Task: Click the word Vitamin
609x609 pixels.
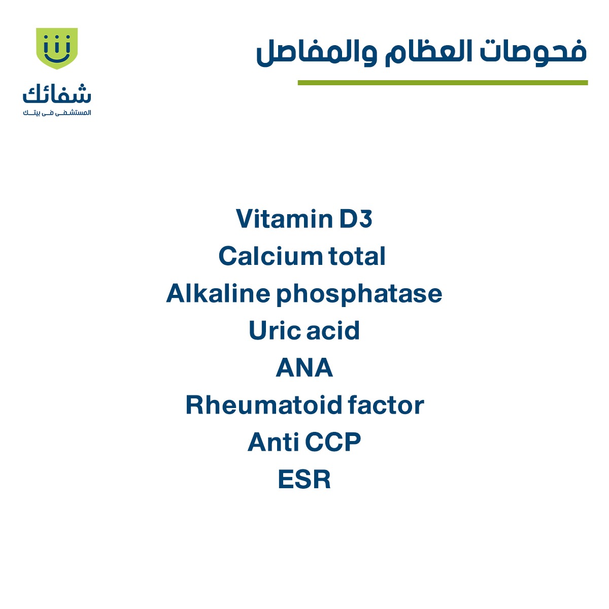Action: pos(283,219)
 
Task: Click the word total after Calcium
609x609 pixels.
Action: pos(357,256)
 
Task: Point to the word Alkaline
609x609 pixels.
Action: pos(218,293)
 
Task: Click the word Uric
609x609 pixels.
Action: pos(274,330)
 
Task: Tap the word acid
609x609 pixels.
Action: pos(333,330)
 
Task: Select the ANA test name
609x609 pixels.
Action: pos(304,368)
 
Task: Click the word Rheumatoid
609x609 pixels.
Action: pos(263,405)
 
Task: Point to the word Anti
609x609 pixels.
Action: pos(273,442)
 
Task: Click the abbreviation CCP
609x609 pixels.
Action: pos(333,442)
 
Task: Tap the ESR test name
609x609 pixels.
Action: pos(304,480)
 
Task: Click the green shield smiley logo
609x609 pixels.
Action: pos(57,48)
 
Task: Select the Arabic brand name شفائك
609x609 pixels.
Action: pos(57,94)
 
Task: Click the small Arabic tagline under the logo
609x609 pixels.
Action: pos(57,113)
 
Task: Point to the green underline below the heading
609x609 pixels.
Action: pos(443,83)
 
